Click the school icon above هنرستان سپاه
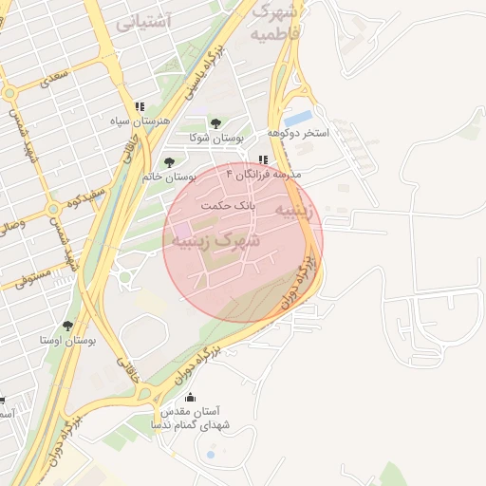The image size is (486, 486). click(x=140, y=107)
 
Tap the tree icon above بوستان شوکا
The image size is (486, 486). click(x=215, y=123)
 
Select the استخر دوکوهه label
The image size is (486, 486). click(x=297, y=133)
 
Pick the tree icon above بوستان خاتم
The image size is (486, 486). click(x=170, y=162)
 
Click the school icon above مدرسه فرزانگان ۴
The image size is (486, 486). click(x=263, y=159)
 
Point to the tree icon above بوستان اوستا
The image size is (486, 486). click(x=66, y=326)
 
